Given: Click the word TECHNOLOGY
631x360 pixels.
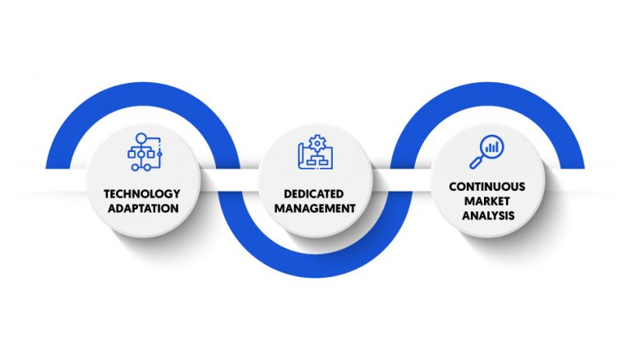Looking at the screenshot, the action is [141, 194].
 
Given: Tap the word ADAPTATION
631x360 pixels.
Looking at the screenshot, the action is [143, 209].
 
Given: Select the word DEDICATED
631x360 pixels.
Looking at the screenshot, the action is [314, 194].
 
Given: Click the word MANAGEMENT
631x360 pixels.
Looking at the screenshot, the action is [315, 209].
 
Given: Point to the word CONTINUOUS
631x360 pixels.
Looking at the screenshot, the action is [487, 187].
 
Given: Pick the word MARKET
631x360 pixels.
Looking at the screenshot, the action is [487, 201].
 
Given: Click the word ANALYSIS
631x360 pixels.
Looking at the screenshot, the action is [488, 215].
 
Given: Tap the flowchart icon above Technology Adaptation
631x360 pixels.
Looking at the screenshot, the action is [145, 152].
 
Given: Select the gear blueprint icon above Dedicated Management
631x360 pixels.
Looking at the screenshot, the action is [315, 152].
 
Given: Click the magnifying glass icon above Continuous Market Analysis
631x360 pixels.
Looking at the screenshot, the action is [486, 152].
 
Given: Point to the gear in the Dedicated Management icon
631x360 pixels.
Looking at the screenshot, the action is [318, 143].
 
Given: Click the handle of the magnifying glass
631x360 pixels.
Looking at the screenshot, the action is [476, 162].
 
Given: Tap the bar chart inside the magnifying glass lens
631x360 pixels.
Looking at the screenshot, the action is [492, 146].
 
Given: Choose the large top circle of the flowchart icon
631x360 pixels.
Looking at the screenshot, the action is [141, 138].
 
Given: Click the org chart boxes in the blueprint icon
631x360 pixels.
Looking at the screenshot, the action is [317, 160].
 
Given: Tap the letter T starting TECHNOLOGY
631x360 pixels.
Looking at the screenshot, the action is [107, 194].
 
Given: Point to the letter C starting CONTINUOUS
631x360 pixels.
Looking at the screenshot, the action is [454, 187].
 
